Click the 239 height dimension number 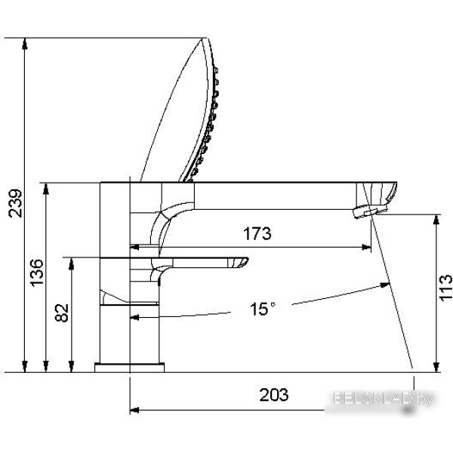point(15,203)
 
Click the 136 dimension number point(37,273)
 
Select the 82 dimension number point(62,313)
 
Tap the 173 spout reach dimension point(257,233)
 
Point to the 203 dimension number point(273,395)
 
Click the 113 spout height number point(445,288)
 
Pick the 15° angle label point(263,309)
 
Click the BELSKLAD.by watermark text point(383,399)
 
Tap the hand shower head point(185,109)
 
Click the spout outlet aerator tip point(365,211)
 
